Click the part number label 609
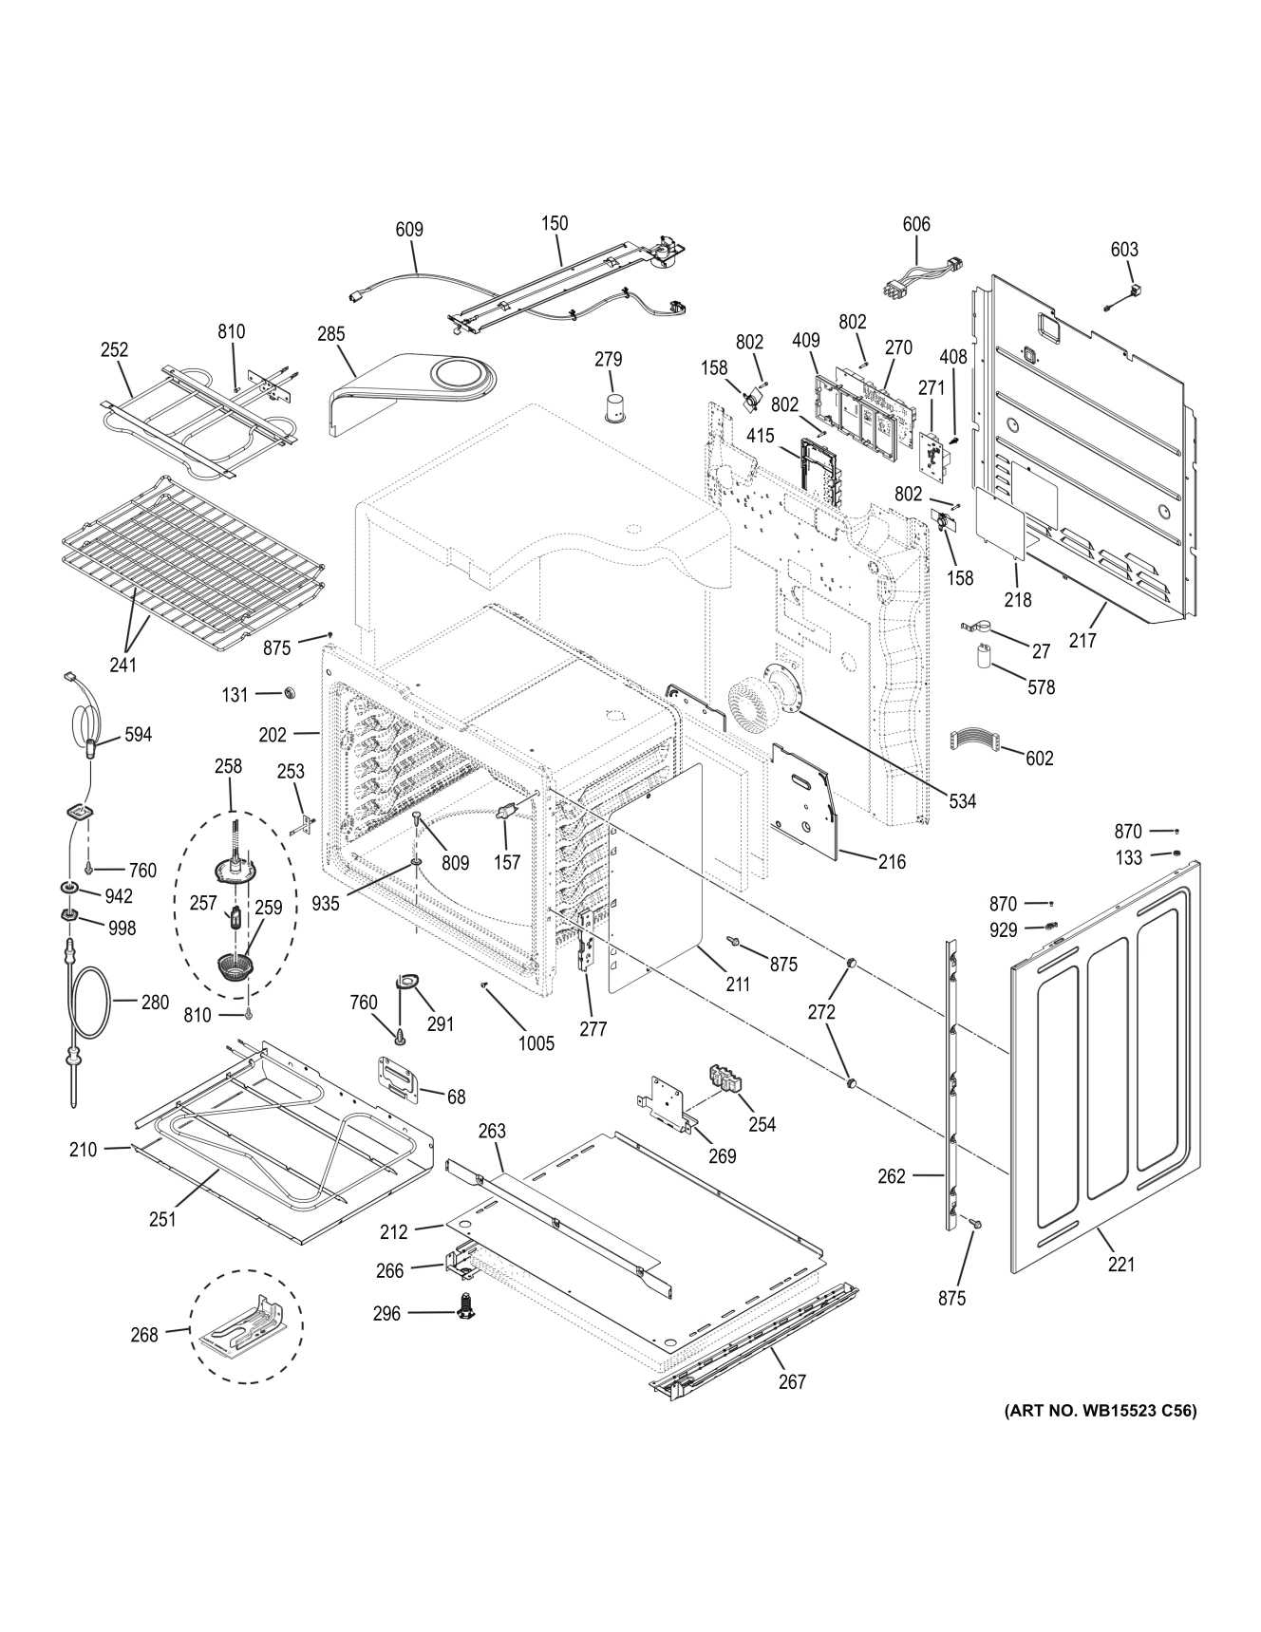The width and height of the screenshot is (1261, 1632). (x=409, y=230)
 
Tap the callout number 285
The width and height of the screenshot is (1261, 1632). (x=331, y=334)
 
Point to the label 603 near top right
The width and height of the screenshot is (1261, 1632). (x=1123, y=249)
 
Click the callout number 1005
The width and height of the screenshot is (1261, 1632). (x=536, y=1043)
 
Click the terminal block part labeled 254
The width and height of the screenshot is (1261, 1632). (x=726, y=1080)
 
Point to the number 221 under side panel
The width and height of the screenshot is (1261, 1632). (x=1121, y=1264)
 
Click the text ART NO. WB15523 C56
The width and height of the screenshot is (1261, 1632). (x=1100, y=1411)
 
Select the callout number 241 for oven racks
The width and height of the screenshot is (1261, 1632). (x=122, y=665)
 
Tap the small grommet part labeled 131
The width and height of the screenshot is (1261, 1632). (x=283, y=693)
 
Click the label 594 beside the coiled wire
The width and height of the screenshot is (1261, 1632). (x=138, y=734)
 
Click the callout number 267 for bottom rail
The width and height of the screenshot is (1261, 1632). (x=792, y=1381)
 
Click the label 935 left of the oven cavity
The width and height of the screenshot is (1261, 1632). (x=326, y=903)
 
